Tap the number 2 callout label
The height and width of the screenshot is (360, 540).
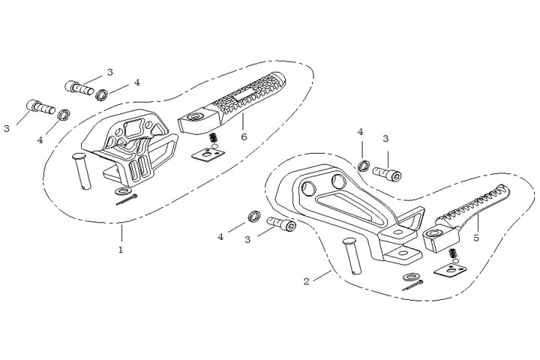pyautogui.click(x=306, y=281)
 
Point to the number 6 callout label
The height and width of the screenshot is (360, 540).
pyautogui.click(x=244, y=136)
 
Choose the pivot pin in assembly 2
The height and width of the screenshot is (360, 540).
pyautogui.click(x=352, y=255)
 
